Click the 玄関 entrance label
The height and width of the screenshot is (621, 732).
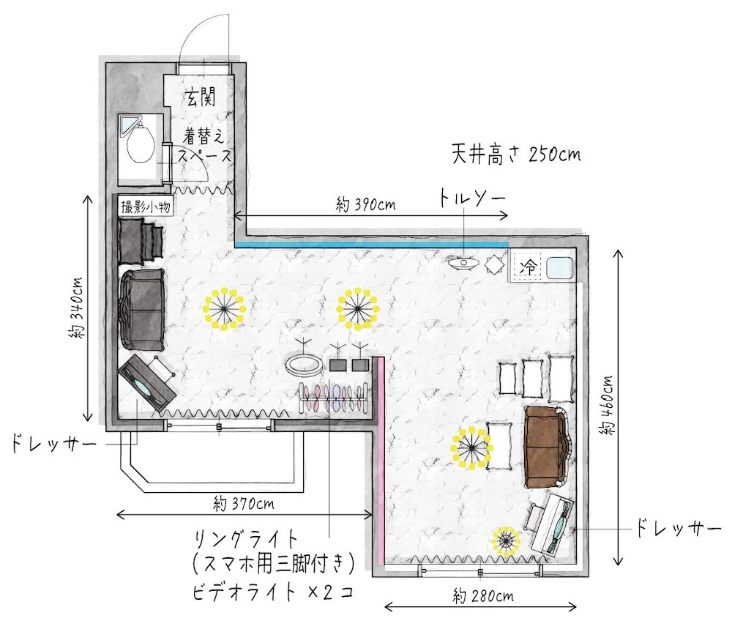tap(202, 97)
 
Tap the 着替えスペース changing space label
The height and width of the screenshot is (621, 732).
tap(204, 145)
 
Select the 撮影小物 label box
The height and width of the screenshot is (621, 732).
tap(145, 206)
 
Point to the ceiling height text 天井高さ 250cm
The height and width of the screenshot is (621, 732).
tap(516, 154)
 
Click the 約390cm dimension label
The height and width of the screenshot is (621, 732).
tap(365, 204)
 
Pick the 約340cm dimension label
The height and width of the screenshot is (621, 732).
tap(75, 308)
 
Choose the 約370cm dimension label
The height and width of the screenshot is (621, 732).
tap(244, 503)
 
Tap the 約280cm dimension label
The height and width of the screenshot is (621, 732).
tap(483, 595)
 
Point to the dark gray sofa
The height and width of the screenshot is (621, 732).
tap(143, 309)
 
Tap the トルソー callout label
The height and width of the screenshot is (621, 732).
tap(471, 198)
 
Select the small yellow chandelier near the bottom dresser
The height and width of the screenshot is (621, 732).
tap(506, 541)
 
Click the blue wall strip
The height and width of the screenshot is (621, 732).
tap(371, 244)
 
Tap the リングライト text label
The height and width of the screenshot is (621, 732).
tap(246, 540)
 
